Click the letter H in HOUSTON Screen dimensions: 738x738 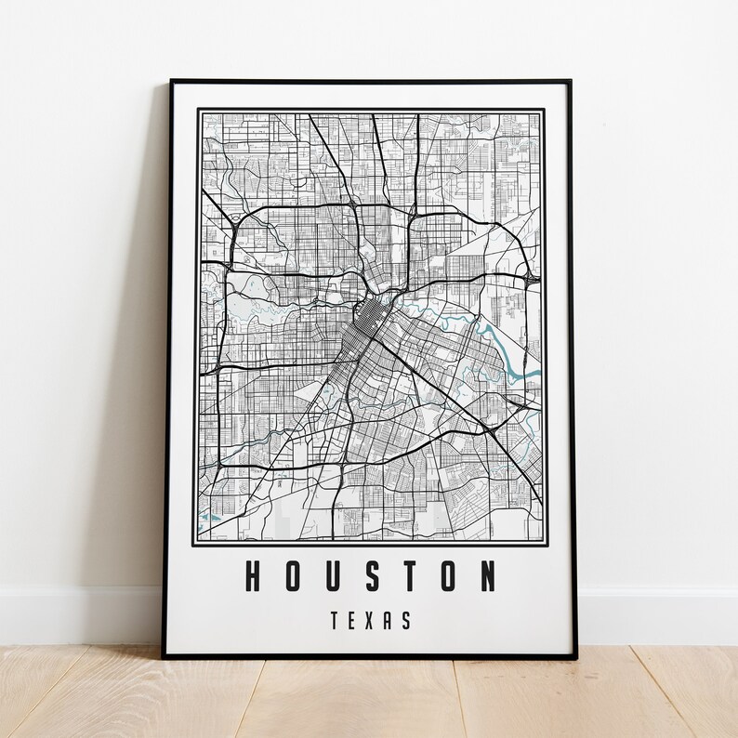click(x=251, y=576)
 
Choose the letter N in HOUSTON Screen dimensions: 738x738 click(x=488, y=576)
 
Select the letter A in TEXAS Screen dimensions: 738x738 click(x=389, y=621)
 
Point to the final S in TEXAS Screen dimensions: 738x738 click(x=406, y=621)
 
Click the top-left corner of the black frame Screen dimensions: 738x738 click(x=172, y=82)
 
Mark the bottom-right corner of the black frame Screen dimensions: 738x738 click(x=574, y=655)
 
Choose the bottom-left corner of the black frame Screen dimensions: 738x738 click(x=165, y=656)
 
